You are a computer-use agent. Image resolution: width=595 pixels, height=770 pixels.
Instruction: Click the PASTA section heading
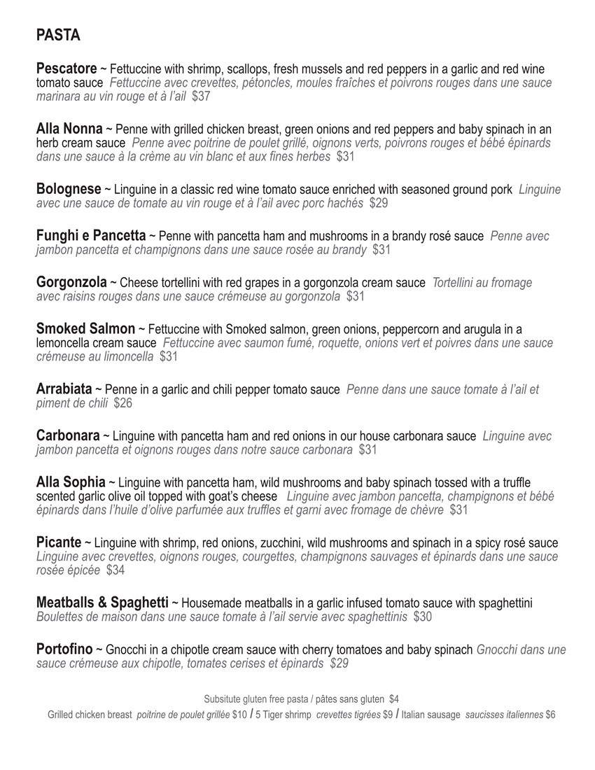(x=58, y=35)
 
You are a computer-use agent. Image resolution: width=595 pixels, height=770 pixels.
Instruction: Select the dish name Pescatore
(x=66, y=69)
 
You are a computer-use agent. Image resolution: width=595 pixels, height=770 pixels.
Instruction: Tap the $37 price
(x=201, y=97)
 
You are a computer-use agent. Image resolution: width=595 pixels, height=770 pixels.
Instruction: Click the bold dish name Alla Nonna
(x=69, y=129)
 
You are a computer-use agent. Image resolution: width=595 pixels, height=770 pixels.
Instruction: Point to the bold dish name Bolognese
(x=69, y=190)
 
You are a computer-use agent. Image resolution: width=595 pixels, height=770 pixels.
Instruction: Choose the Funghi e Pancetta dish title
(x=91, y=236)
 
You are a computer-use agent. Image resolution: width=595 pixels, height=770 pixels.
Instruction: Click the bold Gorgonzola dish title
(x=71, y=283)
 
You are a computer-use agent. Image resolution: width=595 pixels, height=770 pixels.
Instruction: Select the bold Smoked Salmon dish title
(x=85, y=329)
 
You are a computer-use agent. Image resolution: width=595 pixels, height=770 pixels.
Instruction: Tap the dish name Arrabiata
(x=64, y=389)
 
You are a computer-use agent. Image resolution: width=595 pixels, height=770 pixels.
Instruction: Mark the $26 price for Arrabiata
(x=122, y=403)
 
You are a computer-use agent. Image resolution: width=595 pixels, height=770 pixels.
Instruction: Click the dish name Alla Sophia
(x=71, y=482)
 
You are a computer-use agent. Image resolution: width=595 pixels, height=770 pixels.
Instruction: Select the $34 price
(x=115, y=570)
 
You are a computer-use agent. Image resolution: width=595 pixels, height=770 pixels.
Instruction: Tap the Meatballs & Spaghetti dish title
(x=102, y=603)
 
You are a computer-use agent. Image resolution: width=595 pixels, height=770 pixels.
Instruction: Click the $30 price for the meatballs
(x=423, y=617)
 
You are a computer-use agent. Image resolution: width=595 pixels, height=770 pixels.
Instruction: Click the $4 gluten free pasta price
(x=394, y=699)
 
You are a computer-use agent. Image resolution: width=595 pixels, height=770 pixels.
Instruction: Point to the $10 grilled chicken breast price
(x=240, y=715)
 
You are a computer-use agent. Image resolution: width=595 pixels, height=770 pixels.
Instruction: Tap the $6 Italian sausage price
(x=550, y=715)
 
